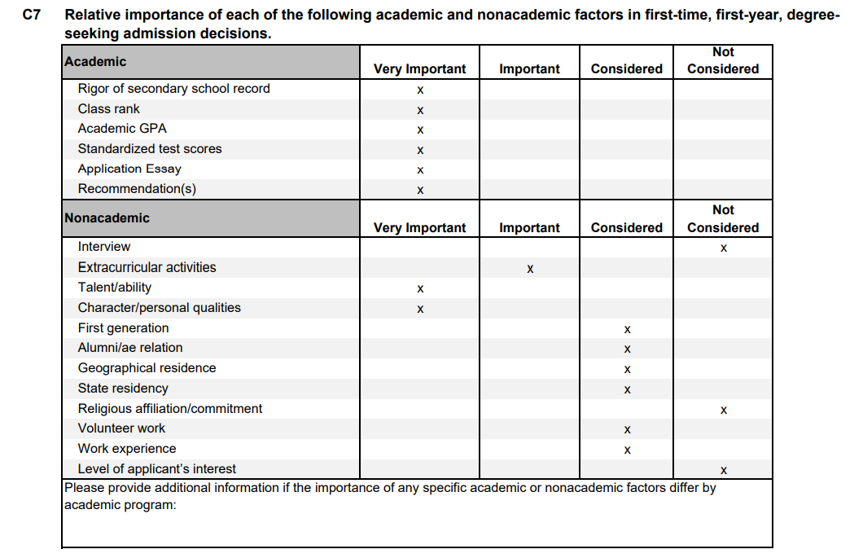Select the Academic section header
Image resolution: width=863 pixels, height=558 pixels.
coord(95,62)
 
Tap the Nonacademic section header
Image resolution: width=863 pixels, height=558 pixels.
coord(107,218)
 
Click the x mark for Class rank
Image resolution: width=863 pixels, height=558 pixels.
coord(420,110)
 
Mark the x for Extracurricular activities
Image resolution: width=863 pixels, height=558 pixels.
coord(530,268)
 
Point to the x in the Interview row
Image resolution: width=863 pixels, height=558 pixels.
coord(723,248)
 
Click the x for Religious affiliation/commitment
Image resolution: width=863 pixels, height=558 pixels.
coord(723,410)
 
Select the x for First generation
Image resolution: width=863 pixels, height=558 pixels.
coord(627,329)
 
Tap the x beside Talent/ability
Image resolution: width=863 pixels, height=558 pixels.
coord(420,288)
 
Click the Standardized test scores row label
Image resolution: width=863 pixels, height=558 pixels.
coord(150,149)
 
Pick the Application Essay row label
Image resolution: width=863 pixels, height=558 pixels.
coord(129,169)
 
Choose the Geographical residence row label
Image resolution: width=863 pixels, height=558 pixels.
coord(147,368)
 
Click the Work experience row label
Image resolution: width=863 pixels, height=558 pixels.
coord(127,449)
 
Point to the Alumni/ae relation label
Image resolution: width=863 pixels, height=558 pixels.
coord(130,348)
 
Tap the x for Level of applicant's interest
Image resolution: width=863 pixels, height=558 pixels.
coord(723,470)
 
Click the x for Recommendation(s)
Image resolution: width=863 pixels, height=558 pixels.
coord(420,191)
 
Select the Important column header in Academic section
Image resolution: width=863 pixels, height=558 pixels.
coord(529,69)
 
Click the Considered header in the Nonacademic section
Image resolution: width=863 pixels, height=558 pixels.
coord(627,228)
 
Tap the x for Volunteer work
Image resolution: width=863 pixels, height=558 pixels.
coord(627,429)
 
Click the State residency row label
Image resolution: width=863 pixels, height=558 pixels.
coord(123,389)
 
